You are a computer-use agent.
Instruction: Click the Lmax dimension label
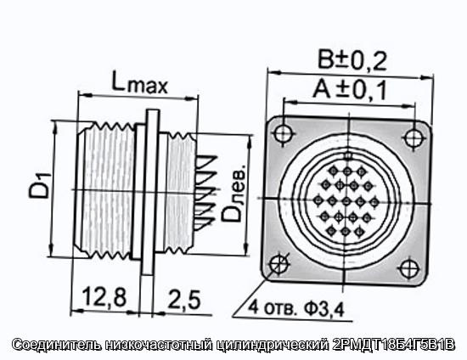(139, 82)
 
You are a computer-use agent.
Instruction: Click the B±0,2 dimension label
(352, 60)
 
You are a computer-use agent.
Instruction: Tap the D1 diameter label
(40, 187)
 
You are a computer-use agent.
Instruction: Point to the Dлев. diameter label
(235, 193)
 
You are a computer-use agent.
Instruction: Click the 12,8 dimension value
(104, 297)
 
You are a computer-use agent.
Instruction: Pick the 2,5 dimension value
(183, 299)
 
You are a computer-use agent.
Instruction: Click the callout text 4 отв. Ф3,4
(296, 307)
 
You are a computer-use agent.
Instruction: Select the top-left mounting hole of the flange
(284, 133)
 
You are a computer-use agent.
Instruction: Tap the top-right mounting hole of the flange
(414, 138)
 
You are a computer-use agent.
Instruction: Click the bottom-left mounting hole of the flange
(279, 263)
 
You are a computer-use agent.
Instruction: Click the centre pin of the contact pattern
(346, 201)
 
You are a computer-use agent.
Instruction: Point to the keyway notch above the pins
(348, 155)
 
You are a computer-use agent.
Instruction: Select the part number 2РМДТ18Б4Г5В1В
(393, 345)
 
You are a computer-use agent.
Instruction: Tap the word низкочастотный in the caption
(159, 345)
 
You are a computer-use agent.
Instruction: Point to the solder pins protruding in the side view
(205, 193)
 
